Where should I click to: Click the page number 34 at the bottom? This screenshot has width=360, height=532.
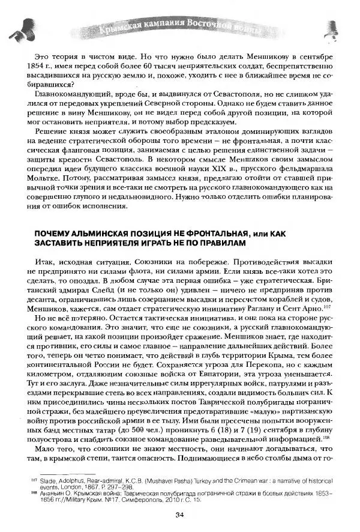179,513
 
